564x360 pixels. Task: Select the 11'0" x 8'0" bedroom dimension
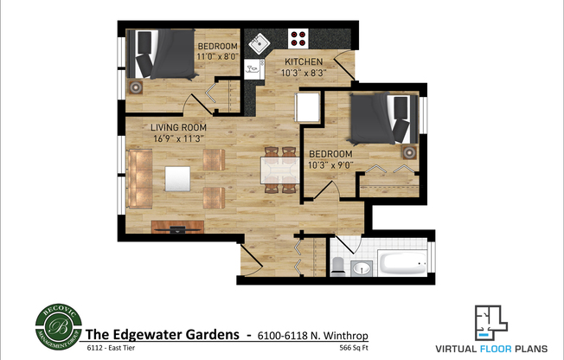(x=216, y=55)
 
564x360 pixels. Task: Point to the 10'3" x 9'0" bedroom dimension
(x=329, y=164)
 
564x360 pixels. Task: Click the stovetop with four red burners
(x=299, y=38)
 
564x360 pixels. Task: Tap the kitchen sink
(x=258, y=42)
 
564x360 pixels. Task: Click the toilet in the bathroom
(x=340, y=263)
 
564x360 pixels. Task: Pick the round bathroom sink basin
(x=363, y=267)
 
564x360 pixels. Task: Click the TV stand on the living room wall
(x=178, y=228)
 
